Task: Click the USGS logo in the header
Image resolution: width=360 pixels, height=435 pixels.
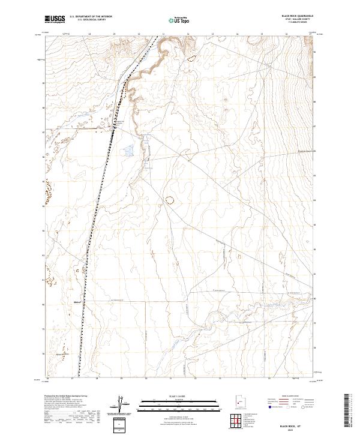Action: click(x=55, y=20)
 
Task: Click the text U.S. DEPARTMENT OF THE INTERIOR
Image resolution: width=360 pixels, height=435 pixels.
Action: click(x=91, y=17)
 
